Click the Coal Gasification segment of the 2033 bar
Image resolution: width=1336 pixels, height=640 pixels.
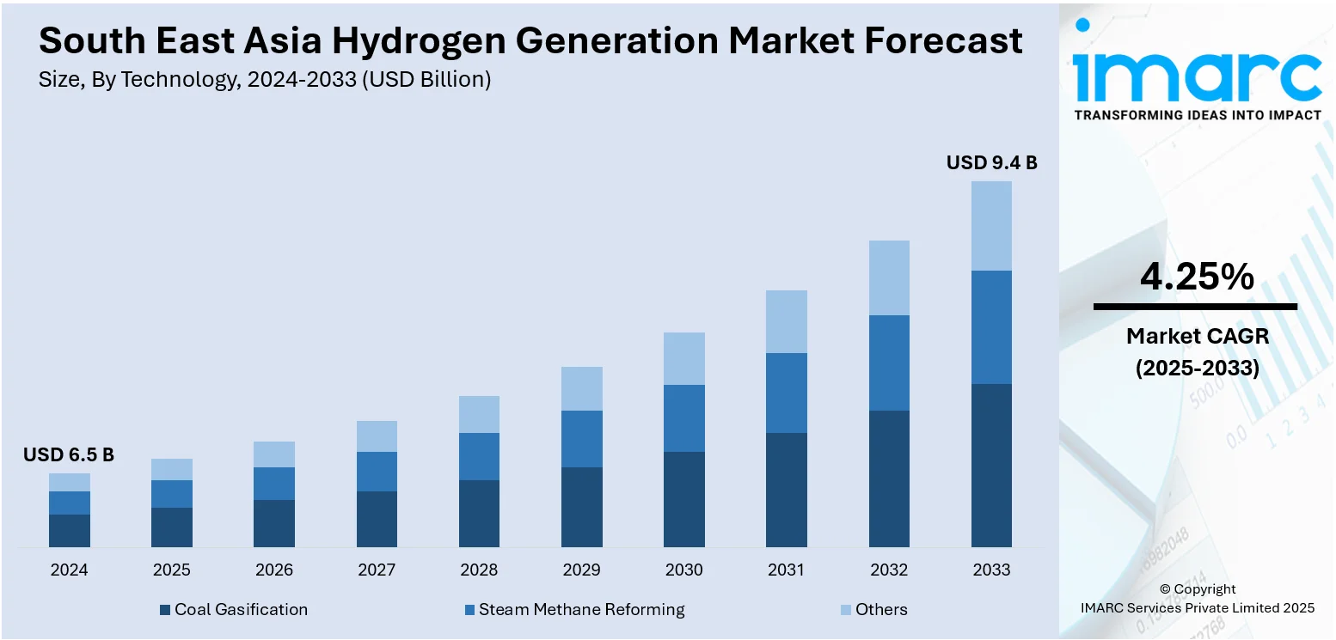pyautogui.click(x=991, y=465)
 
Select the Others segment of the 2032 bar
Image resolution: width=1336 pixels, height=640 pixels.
pyautogui.click(x=889, y=277)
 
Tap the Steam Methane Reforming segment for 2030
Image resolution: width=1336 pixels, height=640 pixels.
pyautogui.click(x=684, y=418)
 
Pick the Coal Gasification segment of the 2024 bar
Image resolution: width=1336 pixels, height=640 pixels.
pyautogui.click(x=70, y=530)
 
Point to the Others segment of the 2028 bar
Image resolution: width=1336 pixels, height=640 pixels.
pyautogui.click(x=479, y=414)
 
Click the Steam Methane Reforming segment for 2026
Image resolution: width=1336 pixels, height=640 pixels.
pyautogui.click(x=274, y=484)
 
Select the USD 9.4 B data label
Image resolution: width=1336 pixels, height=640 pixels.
pyautogui.click(x=991, y=162)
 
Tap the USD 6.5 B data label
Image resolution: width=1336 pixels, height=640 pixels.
pyautogui.click(x=69, y=455)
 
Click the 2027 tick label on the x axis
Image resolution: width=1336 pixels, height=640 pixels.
pyautogui.click(x=377, y=570)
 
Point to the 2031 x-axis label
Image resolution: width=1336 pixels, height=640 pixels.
pyautogui.click(x=786, y=570)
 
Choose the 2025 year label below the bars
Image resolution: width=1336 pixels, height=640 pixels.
pyautogui.click(x=172, y=570)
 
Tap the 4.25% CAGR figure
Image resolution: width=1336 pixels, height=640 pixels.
pyautogui.click(x=1196, y=277)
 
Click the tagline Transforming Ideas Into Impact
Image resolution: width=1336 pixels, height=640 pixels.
pyautogui.click(x=1198, y=115)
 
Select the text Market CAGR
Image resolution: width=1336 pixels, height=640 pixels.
pyautogui.click(x=1198, y=336)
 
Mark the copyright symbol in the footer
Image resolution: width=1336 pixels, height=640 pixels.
pyautogui.click(x=1166, y=589)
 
